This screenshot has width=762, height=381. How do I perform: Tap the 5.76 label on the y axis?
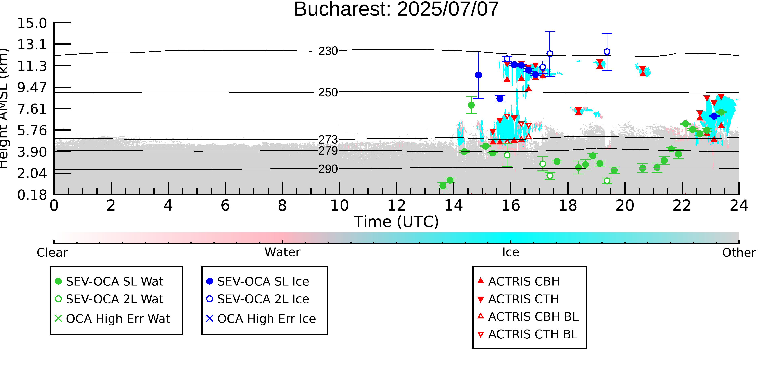coord(32,130)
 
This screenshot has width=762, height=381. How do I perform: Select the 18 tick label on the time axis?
coord(568,206)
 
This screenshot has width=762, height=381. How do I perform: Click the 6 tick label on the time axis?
coord(225,206)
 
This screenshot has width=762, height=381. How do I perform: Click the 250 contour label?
coord(328,93)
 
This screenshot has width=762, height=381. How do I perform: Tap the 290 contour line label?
coord(328,169)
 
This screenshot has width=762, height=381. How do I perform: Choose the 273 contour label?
coord(328,139)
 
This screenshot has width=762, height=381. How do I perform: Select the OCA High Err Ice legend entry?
coord(261,319)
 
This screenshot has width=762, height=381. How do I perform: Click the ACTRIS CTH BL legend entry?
coord(528,334)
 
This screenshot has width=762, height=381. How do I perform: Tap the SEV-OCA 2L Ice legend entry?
coord(258,299)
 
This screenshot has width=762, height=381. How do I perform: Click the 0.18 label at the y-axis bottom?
coord(32,195)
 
